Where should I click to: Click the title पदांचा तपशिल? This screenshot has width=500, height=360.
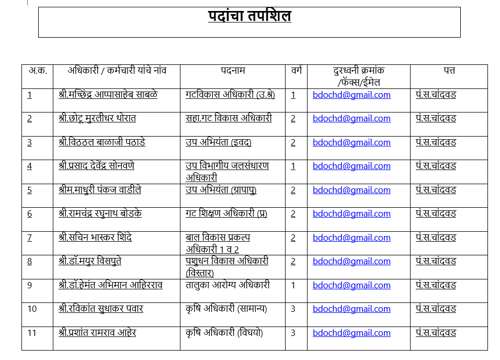click(x=249, y=17)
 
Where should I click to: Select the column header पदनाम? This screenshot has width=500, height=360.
click(x=233, y=70)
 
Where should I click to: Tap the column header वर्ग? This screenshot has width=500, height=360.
click(x=296, y=70)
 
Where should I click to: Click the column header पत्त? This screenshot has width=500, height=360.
click(x=449, y=70)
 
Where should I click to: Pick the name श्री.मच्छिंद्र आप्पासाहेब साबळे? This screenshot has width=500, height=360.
click(x=108, y=95)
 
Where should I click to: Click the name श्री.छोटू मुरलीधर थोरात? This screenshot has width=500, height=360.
click(x=97, y=118)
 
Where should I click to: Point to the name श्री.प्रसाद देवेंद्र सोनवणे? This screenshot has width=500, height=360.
click(x=96, y=166)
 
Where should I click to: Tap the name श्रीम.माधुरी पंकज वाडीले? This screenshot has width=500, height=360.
click(x=100, y=190)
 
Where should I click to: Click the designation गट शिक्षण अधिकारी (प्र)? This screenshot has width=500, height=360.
click(x=226, y=213)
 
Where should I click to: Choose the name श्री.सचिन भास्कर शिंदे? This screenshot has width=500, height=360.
click(x=95, y=238)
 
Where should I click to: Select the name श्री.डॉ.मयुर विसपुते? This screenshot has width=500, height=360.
click(x=90, y=261)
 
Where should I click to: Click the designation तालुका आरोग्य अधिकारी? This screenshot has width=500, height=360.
click(x=228, y=285)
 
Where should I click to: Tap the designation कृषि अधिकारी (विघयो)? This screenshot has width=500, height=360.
click(x=224, y=333)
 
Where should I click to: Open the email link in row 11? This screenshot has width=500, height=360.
click(x=351, y=333)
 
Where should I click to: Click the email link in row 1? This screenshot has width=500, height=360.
click(x=351, y=95)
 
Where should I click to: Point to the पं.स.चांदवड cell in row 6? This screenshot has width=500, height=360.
click(x=436, y=213)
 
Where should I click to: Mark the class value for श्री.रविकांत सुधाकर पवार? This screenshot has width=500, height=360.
click(x=293, y=309)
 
